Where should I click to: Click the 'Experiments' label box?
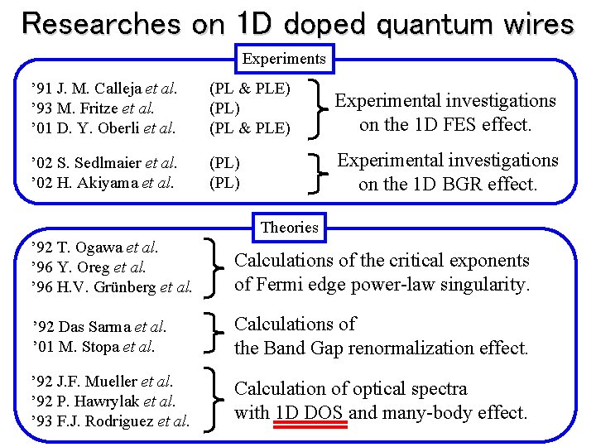click(284, 59)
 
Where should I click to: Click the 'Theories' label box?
click(289, 226)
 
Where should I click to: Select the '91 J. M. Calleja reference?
click(103, 88)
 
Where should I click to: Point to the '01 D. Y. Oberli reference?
click(103, 127)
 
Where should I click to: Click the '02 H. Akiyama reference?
click(102, 183)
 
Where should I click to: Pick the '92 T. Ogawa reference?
click(94, 247)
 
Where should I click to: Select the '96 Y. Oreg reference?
click(88, 267)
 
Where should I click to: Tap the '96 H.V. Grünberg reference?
click(111, 287)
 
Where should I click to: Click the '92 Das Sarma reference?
click(99, 326)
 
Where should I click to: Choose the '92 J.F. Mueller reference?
click(101, 382)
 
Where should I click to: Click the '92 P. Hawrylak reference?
click(103, 401)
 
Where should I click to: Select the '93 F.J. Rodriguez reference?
click(110, 421)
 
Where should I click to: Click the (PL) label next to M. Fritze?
click(225, 108)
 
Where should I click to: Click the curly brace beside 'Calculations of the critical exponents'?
click(218, 267)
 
